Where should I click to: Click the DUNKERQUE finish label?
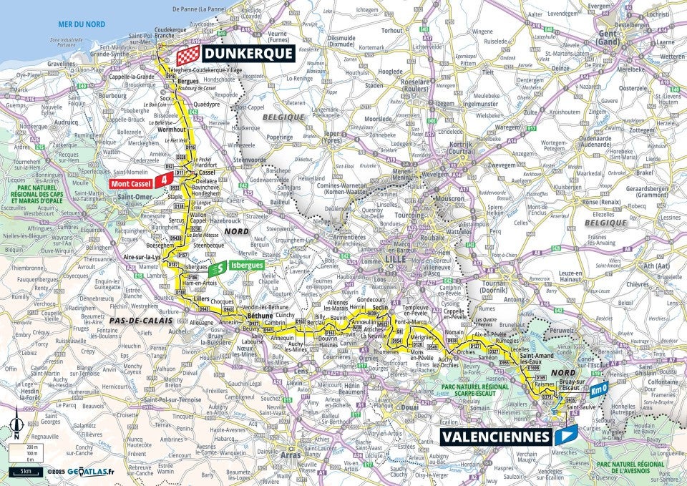pyautogui.click(x=248, y=53)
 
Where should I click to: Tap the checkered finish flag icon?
pyautogui.click(x=188, y=54)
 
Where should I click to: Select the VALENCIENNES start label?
pyautogui.click(x=490, y=436)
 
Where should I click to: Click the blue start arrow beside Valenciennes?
pyautogui.click(x=566, y=434)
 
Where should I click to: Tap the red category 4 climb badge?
pyautogui.click(x=166, y=180)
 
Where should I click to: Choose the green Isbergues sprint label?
pyautogui.click(x=246, y=265)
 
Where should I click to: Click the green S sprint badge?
pyautogui.click(x=220, y=268)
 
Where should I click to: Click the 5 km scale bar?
pyautogui.click(x=25, y=471)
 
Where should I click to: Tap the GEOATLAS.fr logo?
pyautogui.click(x=90, y=472)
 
